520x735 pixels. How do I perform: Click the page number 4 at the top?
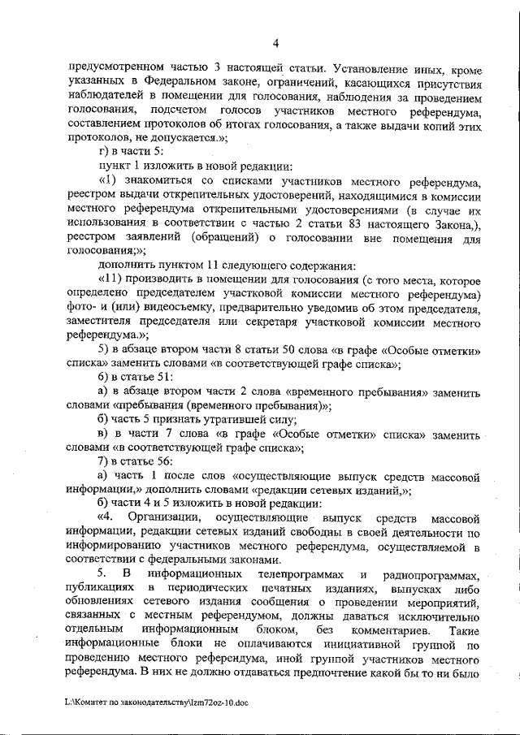point(275,43)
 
